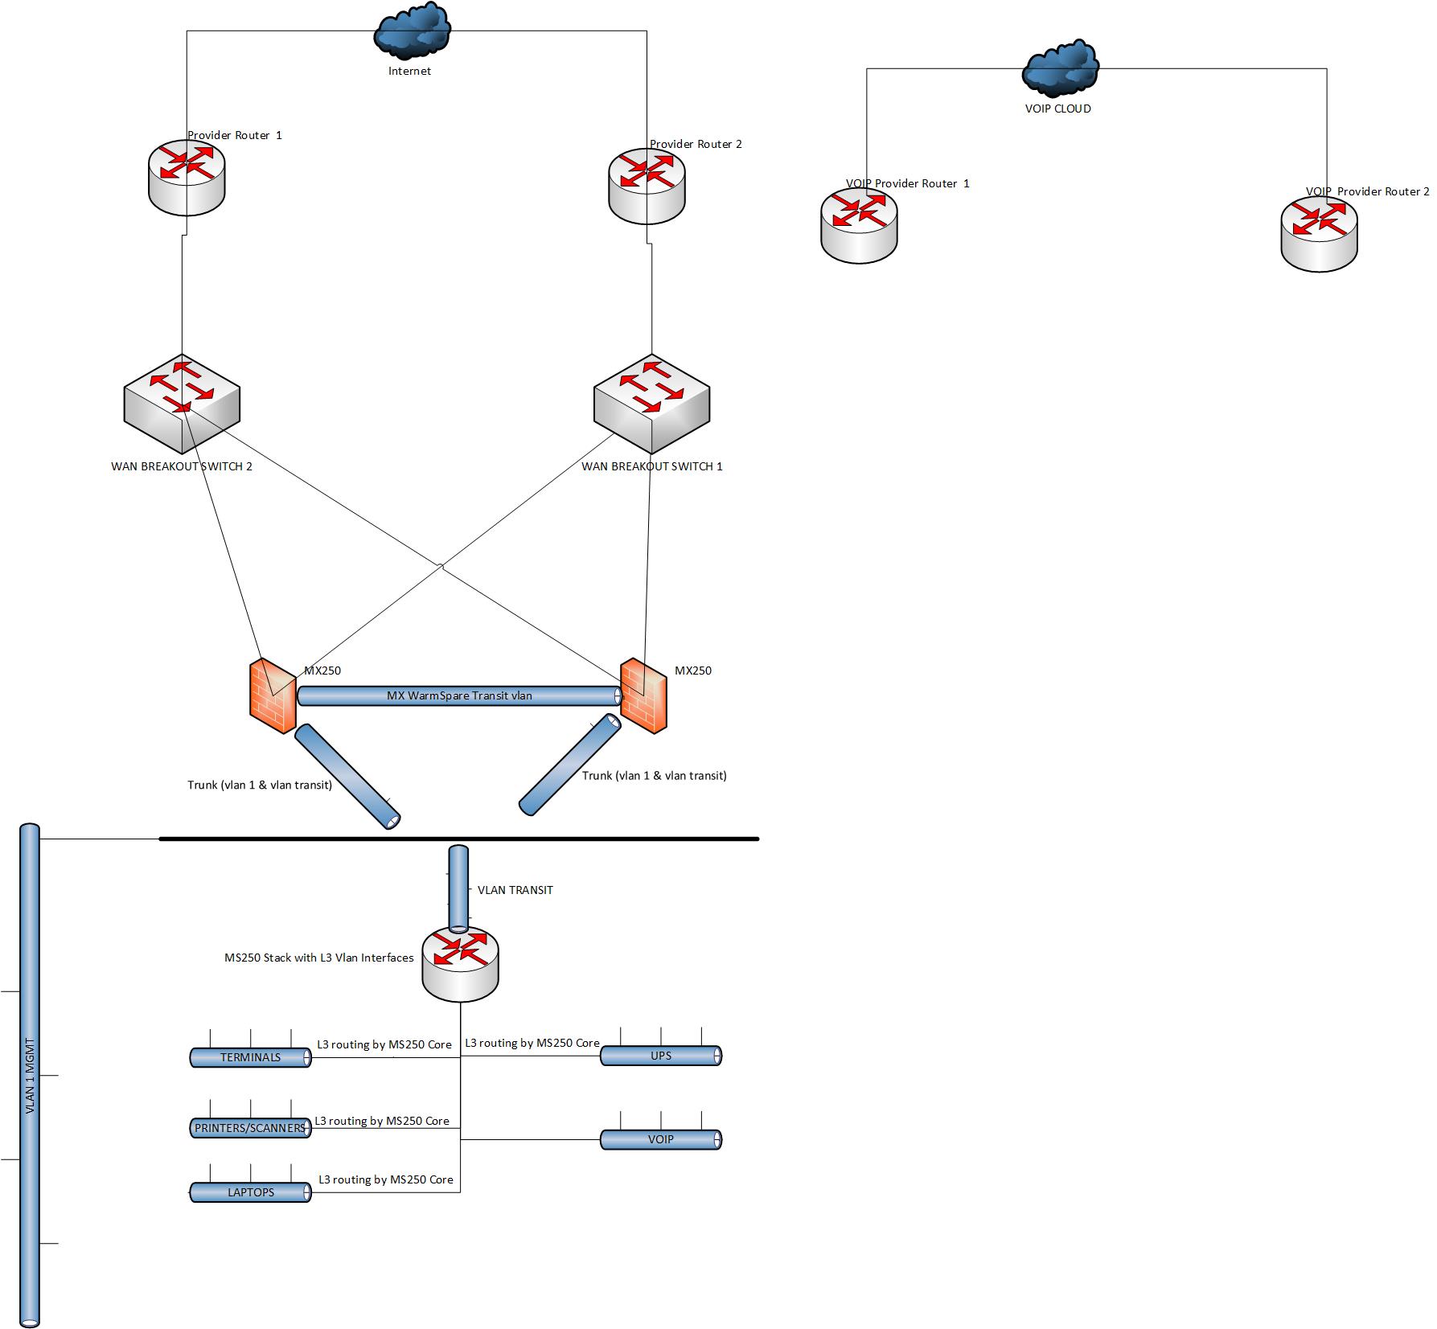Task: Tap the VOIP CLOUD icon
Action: (1061, 68)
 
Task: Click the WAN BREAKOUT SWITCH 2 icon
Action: (182, 404)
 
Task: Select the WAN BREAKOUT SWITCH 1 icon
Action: (651, 404)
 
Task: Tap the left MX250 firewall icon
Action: (272, 695)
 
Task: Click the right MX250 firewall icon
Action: (643, 695)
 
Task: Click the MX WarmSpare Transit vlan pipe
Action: (458, 695)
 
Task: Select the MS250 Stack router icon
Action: (461, 964)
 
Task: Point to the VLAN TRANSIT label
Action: (515, 890)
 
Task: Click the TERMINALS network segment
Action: (250, 1057)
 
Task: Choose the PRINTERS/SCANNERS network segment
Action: (250, 1128)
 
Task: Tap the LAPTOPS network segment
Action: (250, 1192)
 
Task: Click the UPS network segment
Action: (660, 1056)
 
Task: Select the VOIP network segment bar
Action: (660, 1139)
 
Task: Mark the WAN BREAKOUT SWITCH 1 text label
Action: (651, 466)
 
